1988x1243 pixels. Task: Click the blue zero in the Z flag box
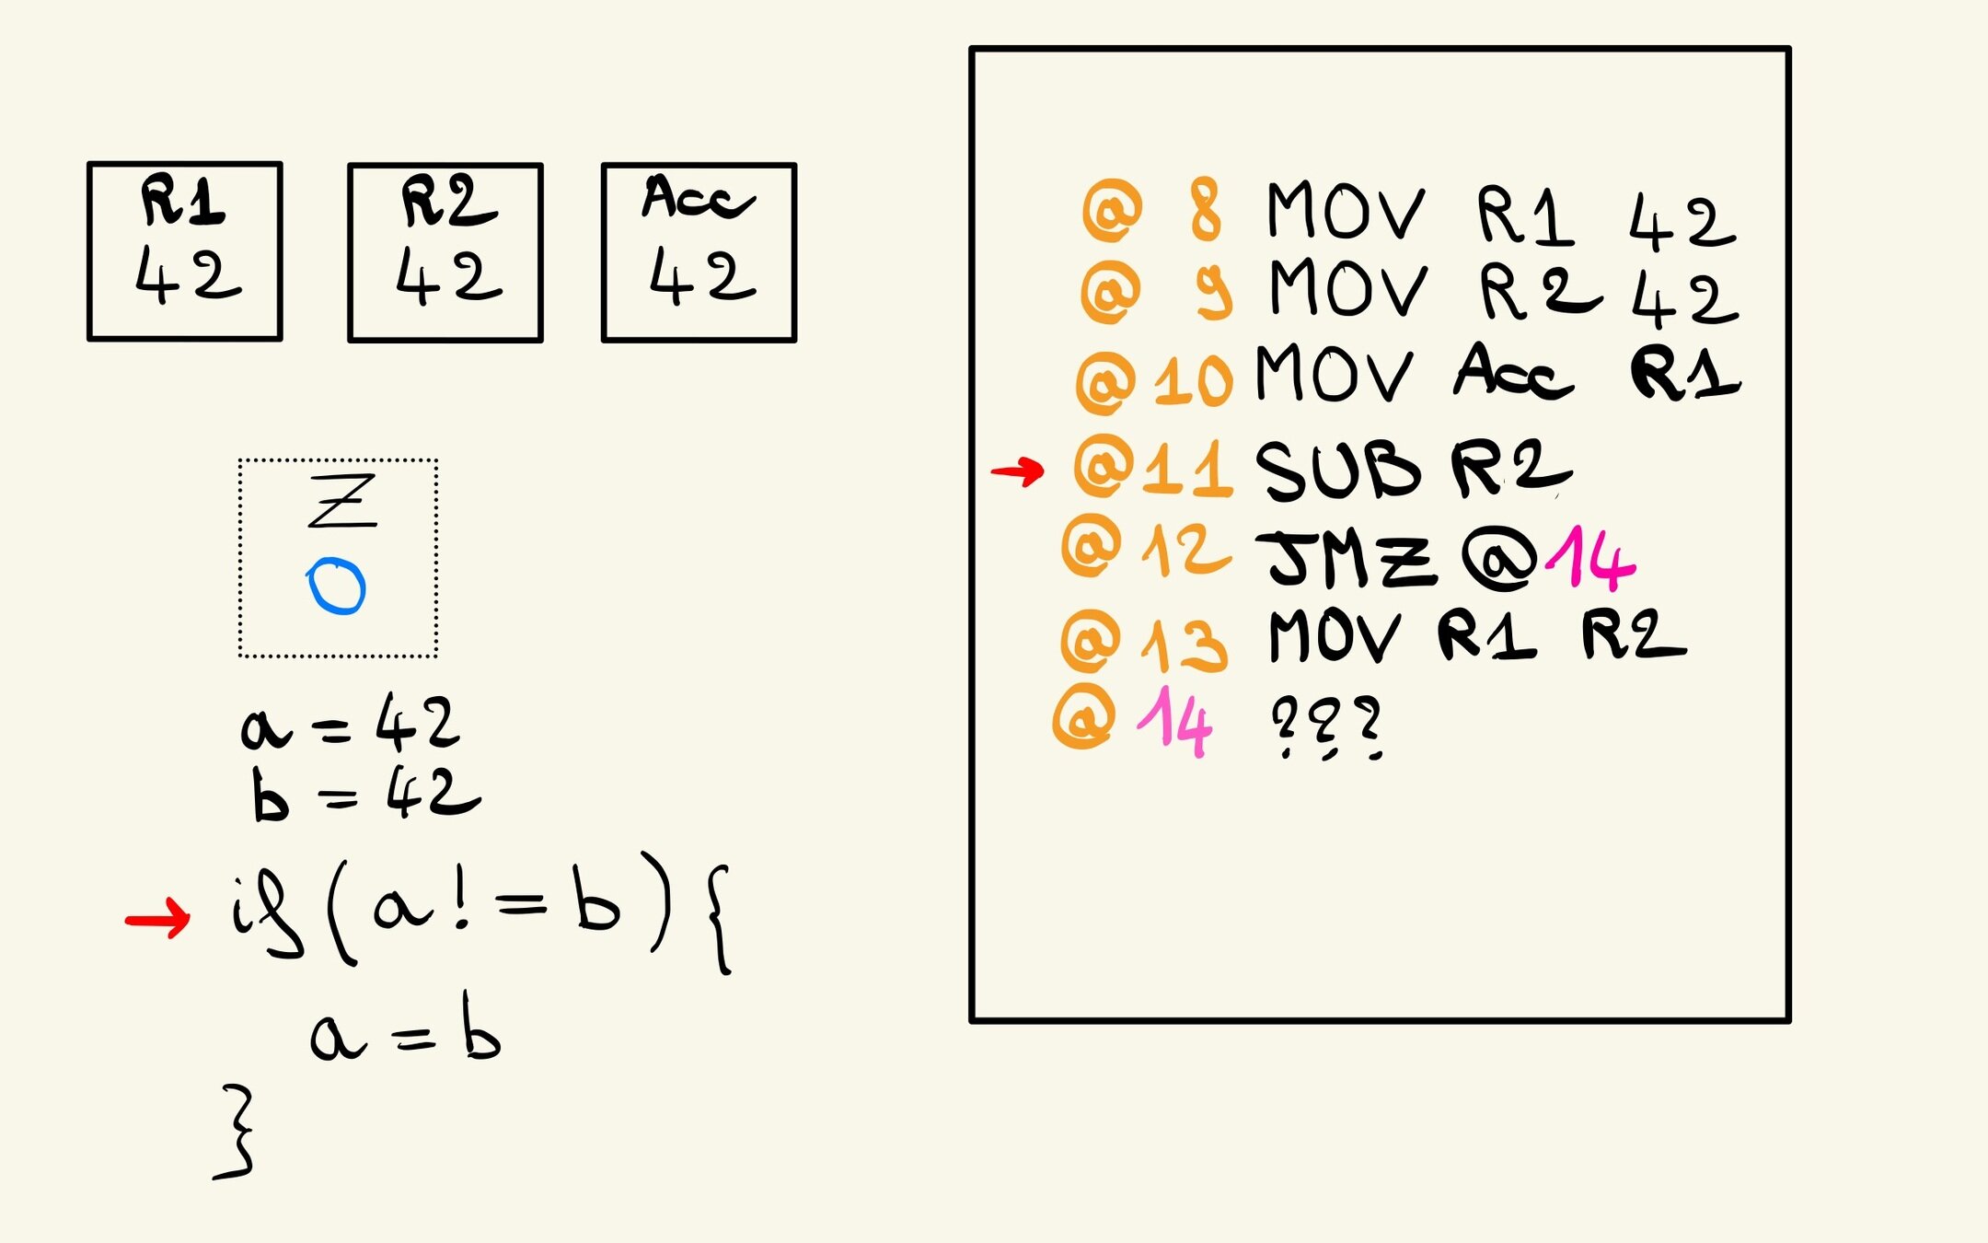(x=336, y=586)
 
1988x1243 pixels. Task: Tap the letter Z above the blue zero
(x=341, y=501)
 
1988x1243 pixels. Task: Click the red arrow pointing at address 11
(x=1017, y=471)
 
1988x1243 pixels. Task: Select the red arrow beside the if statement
(x=157, y=919)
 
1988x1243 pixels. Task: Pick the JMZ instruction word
(x=1349, y=560)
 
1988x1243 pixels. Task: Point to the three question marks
(x=1325, y=727)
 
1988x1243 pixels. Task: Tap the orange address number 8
(x=1205, y=211)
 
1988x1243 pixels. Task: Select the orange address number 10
(x=1193, y=381)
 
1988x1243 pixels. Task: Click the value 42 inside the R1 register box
(x=188, y=275)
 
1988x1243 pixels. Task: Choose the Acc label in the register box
(x=698, y=197)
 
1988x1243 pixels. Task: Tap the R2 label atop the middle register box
(x=448, y=201)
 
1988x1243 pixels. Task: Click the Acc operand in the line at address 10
(x=1512, y=372)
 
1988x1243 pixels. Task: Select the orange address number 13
(x=1185, y=643)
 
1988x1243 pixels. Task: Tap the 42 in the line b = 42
(x=433, y=794)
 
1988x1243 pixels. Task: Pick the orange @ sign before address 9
(x=1111, y=290)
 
